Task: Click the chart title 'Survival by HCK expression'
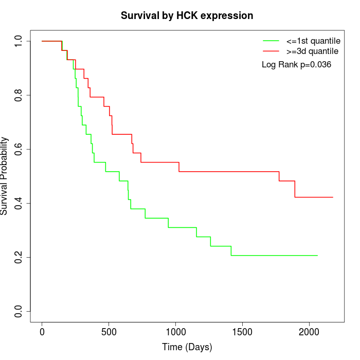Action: [x=187, y=16]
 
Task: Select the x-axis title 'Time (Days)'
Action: [x=187, y=347]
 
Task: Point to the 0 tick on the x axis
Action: [x=42, y=332]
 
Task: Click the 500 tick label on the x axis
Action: [x=109, y=332]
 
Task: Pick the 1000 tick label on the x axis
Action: [x=175, y=332]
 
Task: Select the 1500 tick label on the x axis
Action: [x=242, y=332]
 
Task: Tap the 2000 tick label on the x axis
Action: [x=309, y=332]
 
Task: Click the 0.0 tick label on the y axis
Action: [x=19, y=311]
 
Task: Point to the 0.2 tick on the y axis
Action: [x=19, y=257]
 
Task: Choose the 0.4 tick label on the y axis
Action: [x=19, y=203]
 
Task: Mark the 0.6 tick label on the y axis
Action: [x=19, y=149]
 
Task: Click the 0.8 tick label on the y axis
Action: [x=19, y=95]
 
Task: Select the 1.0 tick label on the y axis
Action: [x=19, y=41]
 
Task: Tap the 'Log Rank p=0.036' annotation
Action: [x=296, y=65]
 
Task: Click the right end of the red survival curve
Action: [x=333, y=197]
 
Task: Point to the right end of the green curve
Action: [x=317, y=255]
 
